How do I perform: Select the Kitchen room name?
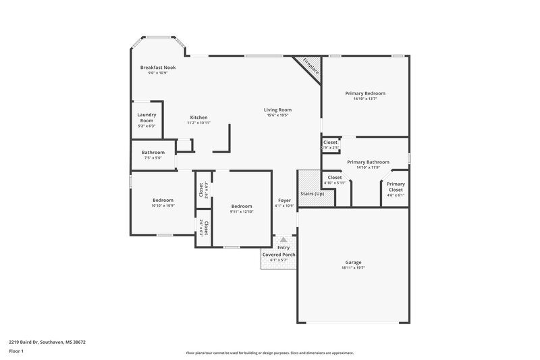[x=198, y=118]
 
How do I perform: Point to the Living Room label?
[x=277, y=109]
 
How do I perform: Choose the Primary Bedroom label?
[x=365, y=93]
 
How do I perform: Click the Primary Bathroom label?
[x=368, y=162]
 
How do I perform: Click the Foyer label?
[x=284, y=201]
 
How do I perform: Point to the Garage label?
[x=354, y=262]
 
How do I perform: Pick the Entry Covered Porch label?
[x=279, y=251]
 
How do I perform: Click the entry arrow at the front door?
[x=283, y=239]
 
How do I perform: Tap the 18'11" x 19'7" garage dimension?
[x=354, y=268]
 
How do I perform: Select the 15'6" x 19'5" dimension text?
[x=277, y=115]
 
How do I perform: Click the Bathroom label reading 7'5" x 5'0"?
[x=153, y=153]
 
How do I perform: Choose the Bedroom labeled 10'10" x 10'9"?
[x=163, y=200]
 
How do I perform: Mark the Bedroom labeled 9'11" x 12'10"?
[x=241, y=206]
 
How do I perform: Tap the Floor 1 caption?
[x=17, y=351]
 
